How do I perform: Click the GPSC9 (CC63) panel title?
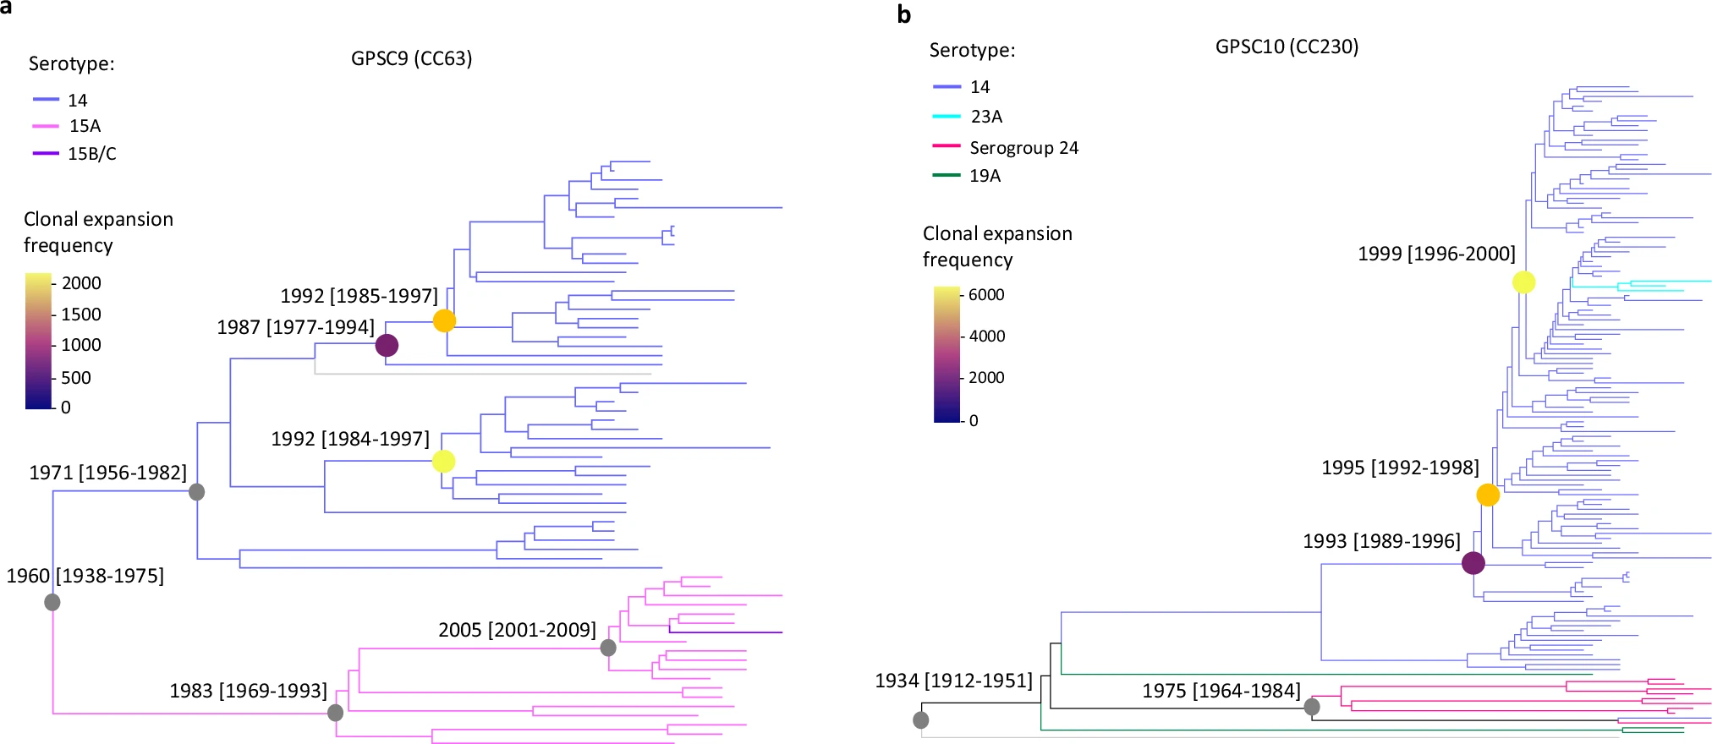(x=411, y=58)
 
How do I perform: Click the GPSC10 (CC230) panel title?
(x=1287, y=46)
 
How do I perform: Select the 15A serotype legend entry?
(x=85, y=126)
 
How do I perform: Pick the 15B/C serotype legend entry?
(x=91, y=154)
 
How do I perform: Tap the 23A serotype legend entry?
(x=986, y=117)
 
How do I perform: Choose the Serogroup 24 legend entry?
(x=1023, y=148)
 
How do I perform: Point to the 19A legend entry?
(x=985, y=176)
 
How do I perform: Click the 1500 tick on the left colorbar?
(x=80, y=315)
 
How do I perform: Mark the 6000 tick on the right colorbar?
(x=986, y=295)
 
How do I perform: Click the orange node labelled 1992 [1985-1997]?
(x=444, y=320)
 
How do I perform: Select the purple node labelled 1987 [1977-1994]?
(x=387, y=345)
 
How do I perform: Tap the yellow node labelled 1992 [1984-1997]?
(x=443, y=461)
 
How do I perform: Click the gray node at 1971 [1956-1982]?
(x=196, y=491)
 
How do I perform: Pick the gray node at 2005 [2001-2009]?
(x=608, y=648)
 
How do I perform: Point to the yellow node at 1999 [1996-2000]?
(x=1523, y=282)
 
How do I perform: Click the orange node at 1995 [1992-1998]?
(x=1488, y=495)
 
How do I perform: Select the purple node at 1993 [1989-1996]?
(x=1473, y=562)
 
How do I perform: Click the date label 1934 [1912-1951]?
(x=953, y=681)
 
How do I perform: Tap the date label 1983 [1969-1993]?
(x=248, y=691)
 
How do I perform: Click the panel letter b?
(x=904, y=14)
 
